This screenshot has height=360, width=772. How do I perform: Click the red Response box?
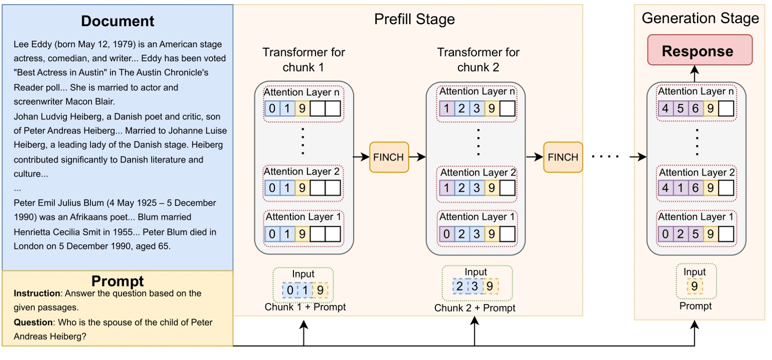[700, 50]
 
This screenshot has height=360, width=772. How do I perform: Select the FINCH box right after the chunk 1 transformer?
[389, 157]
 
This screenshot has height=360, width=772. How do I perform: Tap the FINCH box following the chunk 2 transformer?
[563, 157]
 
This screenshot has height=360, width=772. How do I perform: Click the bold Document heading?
[117, 21]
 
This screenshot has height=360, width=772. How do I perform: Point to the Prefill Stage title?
[414, 20]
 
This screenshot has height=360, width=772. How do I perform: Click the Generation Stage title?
[700, 19]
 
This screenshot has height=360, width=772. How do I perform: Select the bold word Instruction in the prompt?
[37, 294]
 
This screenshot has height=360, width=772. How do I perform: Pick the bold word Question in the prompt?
[33, 322]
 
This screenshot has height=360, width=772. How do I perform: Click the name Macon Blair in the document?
[91, 101]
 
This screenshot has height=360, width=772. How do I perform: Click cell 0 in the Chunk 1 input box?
[290, 291]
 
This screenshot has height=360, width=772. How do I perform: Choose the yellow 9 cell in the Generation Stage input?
[694, 286]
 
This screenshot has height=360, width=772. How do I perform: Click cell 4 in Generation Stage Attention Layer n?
[666, 109]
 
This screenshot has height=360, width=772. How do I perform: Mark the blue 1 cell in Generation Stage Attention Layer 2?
[681, 188]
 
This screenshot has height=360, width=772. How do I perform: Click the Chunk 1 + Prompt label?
[305, 307]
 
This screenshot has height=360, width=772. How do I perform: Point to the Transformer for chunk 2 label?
[478, 60]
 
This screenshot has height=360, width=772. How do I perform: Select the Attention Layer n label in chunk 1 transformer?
[303, 92]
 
